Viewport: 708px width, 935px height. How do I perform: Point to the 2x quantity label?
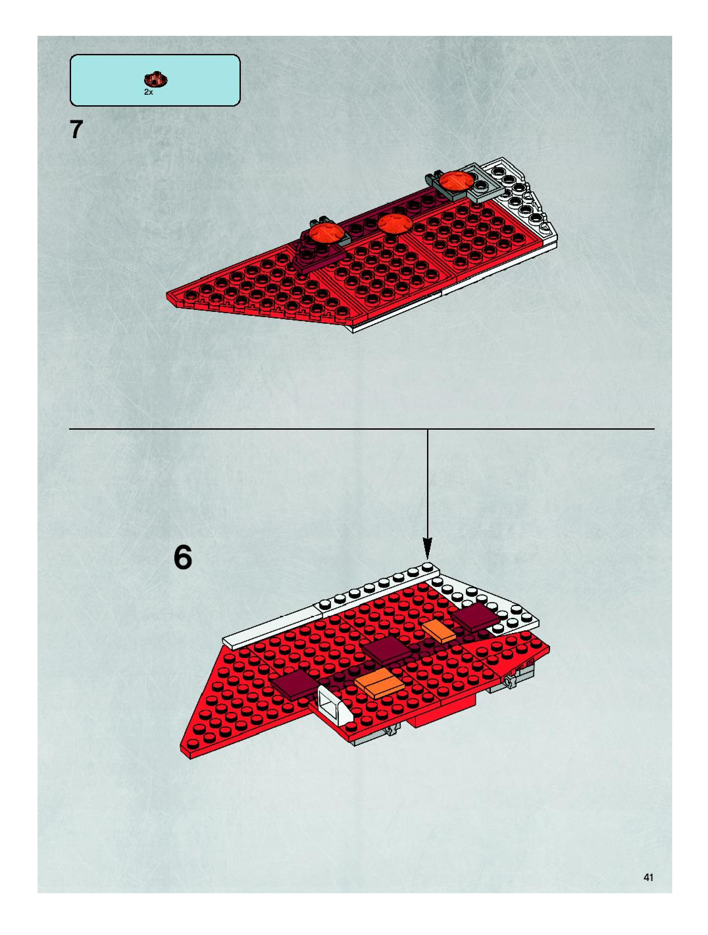click(148, 92)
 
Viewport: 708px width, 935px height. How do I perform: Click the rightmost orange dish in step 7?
click(456, 181)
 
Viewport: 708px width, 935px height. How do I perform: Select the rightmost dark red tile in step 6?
click(475, 618)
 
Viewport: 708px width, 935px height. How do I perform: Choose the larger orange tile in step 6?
click(378, 683)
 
